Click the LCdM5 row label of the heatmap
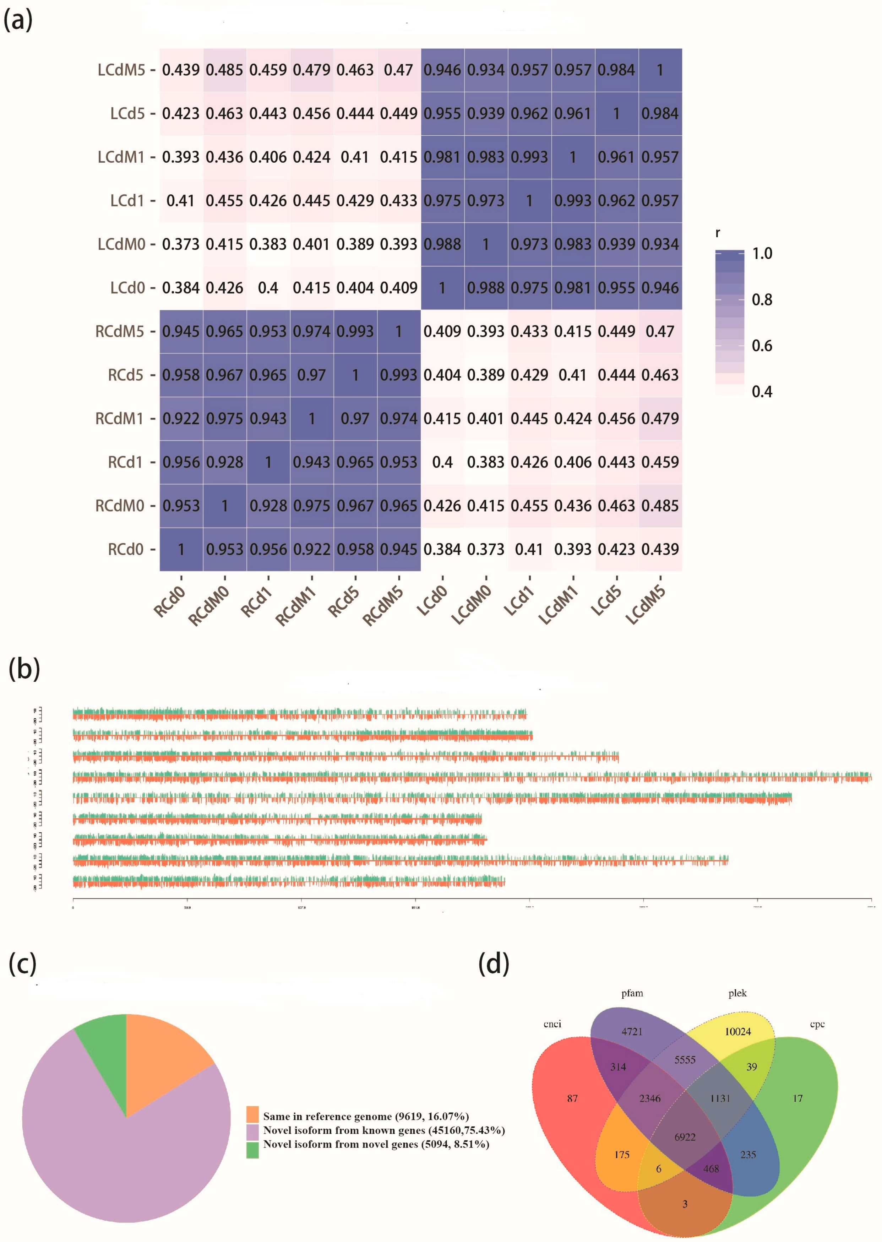click(121, 70)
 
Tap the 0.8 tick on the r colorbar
click(761, 299)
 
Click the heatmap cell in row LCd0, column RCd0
click(181, 288)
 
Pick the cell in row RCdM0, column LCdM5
click(660, 506)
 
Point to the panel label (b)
click(24, 668)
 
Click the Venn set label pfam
click(632, 993)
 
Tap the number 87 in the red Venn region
click(572, 1098)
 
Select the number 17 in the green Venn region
click(797, 1098)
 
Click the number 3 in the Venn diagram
click(685, 1204)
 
